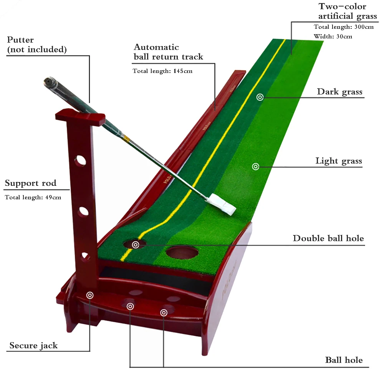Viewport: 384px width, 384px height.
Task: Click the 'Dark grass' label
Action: tap(339, 92)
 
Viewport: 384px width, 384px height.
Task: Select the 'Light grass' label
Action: tap(339, 161)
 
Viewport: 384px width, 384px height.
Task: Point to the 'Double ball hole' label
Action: tap(328, 238)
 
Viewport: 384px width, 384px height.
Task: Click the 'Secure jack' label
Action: tap(33, 346)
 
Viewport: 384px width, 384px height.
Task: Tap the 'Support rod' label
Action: tap(30, 183)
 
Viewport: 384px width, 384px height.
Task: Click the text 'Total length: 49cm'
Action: tap(33, 197)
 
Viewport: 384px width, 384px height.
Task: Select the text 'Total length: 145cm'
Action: tap(162, 71)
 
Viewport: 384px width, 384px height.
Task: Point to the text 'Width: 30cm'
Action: tap(333, 36)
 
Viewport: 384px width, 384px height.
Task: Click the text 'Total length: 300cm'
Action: tap(343, 27)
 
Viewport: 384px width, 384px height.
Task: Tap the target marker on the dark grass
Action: tap(260, 97)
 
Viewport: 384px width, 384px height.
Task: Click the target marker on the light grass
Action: tap(255, 166)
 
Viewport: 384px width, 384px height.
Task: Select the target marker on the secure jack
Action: tap(90, 295)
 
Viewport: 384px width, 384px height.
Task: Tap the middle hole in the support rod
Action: tap(83, 212)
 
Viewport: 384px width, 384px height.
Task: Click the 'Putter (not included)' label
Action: tap(37, 45)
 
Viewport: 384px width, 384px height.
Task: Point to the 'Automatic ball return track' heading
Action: tap(168, 52)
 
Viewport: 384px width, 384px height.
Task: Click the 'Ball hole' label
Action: tap(344, 360)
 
